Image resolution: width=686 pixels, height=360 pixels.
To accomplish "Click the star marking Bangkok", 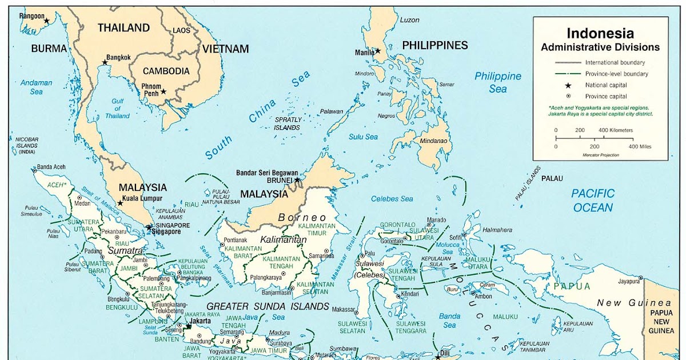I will pyautogui.click(x=105, y=62).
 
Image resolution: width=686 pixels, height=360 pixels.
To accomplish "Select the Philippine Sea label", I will pyautogui.click(x=497, y=82).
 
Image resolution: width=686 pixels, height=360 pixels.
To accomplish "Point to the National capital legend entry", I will pyautogui.click(x=605, y=85).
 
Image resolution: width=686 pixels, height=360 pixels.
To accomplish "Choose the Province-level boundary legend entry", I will pyautogui.click(x=616, y=74).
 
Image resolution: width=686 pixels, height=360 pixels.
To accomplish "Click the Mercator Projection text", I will pyautogui.click(x=600, y=155).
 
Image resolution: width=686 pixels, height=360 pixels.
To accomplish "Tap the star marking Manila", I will pyautogui.click(x=377, y=51).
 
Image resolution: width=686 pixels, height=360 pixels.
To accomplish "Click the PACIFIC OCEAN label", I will pyautogui.click(x=593, y=200).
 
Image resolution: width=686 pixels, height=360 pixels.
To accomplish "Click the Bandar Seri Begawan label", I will pyautogui.click(x=267, y=173).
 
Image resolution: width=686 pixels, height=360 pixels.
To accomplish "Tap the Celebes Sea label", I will pyautogui.click(x=392, y=199).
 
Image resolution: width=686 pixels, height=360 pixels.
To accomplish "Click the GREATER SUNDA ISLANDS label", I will pyautogui.click(x=268, y=306).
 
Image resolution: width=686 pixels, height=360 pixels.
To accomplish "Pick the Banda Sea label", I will pyautogui.click(x=449, y=321).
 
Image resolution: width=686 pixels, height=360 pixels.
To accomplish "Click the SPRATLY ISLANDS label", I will pyautogui.click(x=288, y=123).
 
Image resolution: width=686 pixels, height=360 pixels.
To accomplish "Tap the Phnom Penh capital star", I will pyautogui.click(x=163, y=91).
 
